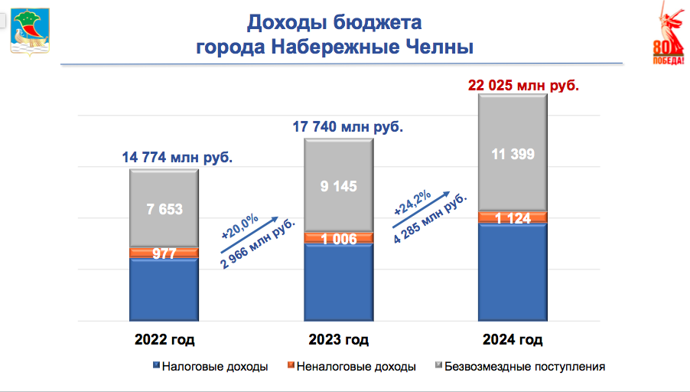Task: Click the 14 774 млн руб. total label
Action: coord(177,158)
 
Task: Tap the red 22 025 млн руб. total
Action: coord(523,83)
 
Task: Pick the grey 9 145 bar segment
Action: coord(339,185)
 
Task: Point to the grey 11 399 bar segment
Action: coord(513,155)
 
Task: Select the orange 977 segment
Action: coord(164,253)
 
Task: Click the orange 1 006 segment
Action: coord(339,237)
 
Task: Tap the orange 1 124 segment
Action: coord(513,217)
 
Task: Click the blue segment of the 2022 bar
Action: coord(164,289)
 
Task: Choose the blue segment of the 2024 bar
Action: coord(513,272)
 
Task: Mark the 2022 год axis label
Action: coord(164,339)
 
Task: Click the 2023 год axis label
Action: coord(339,339)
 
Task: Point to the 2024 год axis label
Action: coord(513,339)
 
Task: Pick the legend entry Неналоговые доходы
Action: coord(355,367)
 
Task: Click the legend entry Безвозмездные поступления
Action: coord(525,367)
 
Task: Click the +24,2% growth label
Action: coord(415,201)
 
